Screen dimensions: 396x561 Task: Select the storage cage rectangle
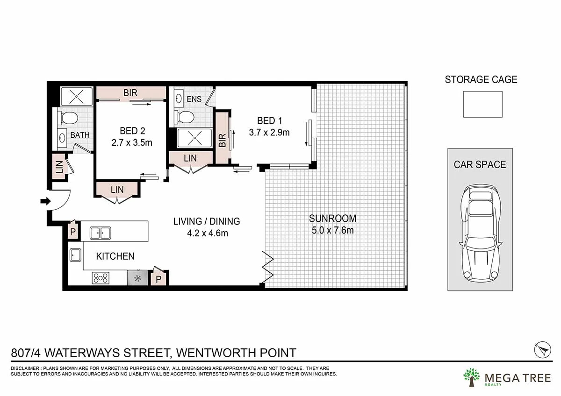(x=482, y=104)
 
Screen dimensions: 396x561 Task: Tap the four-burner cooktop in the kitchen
(x=101, y=278)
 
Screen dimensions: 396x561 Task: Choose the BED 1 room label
(x=269, y=121)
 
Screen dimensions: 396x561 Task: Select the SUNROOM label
(x=332, y=218)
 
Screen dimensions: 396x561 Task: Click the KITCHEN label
(x=115, y=256)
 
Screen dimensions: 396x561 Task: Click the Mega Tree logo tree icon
(x=471, y=377)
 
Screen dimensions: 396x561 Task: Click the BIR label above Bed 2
(x=130, y=93)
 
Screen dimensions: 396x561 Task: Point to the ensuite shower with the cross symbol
(x=190, y=139)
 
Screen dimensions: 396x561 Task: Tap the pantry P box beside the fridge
(x=158, y=279)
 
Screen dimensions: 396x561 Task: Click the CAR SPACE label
(x=480, y=164)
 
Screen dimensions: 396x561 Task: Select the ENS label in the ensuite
(x=194, y=99)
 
